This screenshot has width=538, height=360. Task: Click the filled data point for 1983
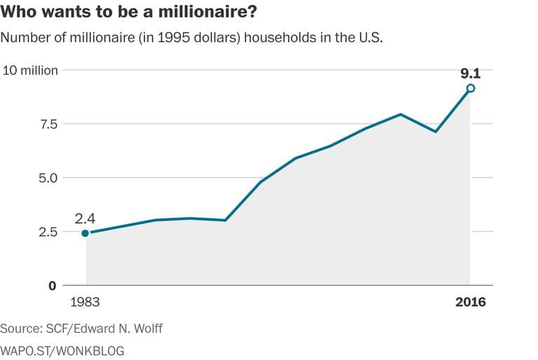click(86, 233)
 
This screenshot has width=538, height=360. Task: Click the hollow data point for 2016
click(471, 88)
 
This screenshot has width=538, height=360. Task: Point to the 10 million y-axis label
click(31, 70)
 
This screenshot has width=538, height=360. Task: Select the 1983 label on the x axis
click(86, 302)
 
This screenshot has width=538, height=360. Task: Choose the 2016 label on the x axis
click(470, 302)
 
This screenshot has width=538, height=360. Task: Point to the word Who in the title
click(18, 13)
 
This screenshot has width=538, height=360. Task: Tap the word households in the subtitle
click(284, 38)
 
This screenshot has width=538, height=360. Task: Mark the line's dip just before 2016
click(436, 131)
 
